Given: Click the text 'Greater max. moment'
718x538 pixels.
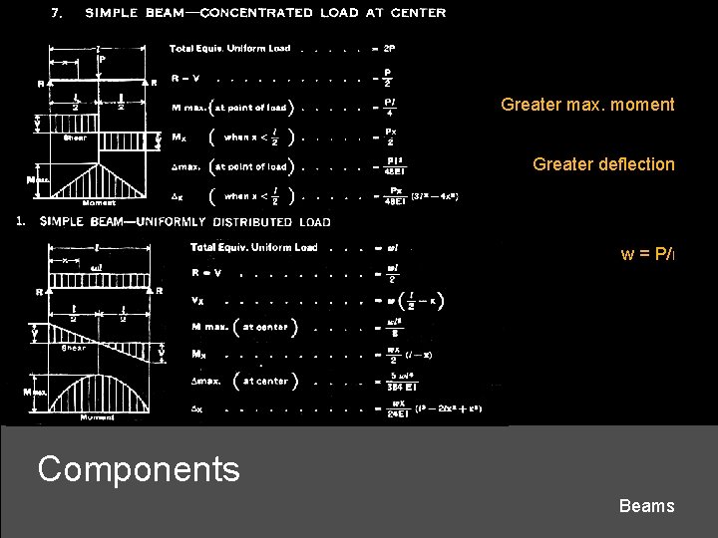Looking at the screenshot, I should [587, 105].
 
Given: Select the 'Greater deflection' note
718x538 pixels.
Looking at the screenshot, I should [603, 164].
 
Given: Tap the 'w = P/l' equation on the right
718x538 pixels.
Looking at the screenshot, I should [647, 254].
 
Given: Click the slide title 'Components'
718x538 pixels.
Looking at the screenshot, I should [139, 468].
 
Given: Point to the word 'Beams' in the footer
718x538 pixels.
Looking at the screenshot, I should [646, 506].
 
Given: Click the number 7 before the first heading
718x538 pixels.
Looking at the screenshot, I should [58, 13].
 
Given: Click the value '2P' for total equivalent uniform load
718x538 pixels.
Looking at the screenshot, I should [390, 48].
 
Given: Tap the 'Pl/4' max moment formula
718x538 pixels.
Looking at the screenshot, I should [390, 107].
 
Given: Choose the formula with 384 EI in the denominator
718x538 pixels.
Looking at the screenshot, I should [392, 381].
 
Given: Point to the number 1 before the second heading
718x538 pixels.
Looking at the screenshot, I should [21, 222].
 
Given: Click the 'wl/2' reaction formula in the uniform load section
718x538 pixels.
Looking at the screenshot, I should [391, 274].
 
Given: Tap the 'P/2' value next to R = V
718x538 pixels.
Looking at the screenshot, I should [389, 78].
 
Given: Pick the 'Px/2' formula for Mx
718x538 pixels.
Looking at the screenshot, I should [390, 136].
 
